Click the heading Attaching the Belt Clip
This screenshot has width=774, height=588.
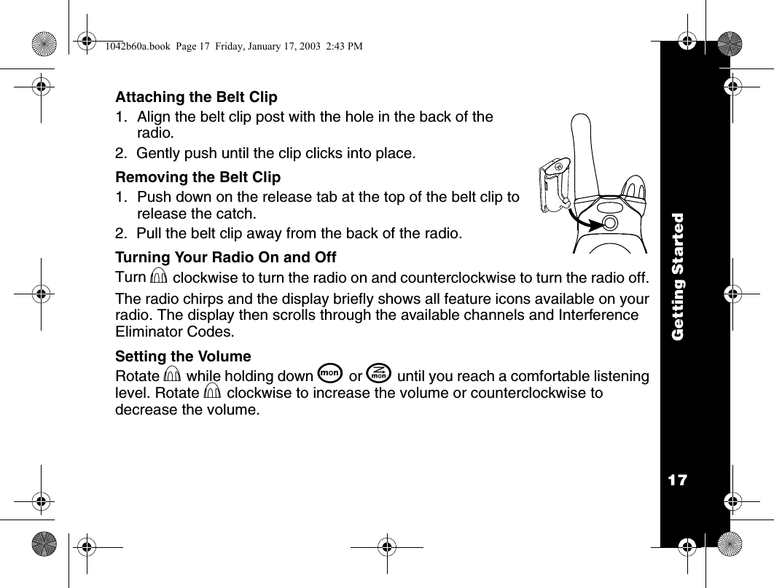pos(197,97)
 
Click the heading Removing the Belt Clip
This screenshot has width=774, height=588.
pos(198,177)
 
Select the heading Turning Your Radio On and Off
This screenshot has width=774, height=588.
pos(226,257)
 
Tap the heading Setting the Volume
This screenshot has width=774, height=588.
pos(183,356)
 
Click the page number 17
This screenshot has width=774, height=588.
pos(677,480)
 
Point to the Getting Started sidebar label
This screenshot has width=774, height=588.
pos(677,276)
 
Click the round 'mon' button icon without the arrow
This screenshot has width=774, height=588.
pos(330,375)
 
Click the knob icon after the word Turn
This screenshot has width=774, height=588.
pos(159,278)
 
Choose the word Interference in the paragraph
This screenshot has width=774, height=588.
pos(601,315)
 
